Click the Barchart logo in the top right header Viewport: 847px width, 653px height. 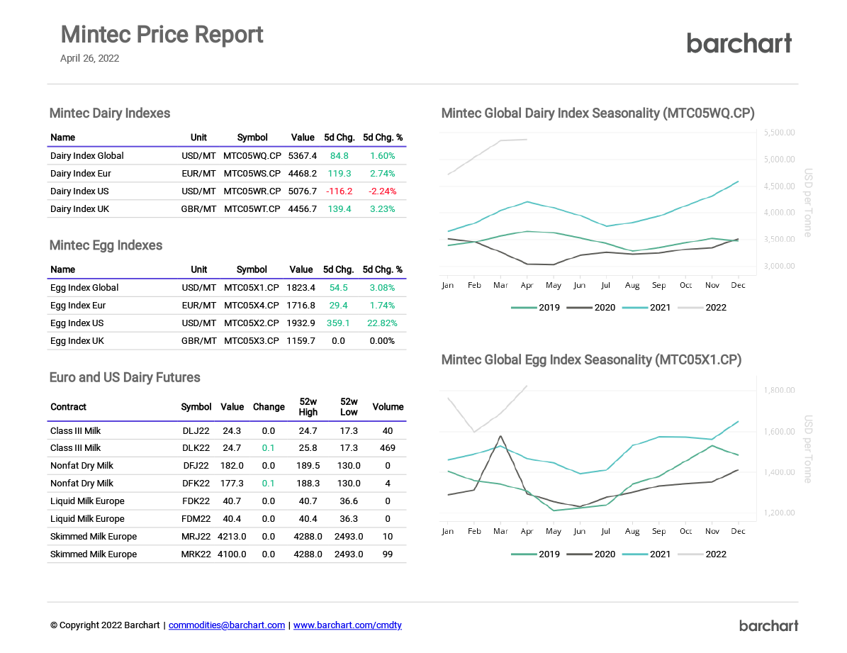739,43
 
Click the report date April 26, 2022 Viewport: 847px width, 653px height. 89,59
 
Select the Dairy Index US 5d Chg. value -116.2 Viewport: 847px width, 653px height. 339,191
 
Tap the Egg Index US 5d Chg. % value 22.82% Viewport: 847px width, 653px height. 382,323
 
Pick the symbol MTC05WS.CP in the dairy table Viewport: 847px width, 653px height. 252,174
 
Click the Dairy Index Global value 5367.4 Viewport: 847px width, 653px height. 302,156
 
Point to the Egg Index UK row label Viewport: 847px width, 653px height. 77,341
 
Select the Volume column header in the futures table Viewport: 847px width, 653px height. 388,407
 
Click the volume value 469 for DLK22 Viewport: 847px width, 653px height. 388,448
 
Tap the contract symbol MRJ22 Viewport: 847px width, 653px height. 196,537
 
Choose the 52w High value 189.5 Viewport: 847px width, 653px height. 308,466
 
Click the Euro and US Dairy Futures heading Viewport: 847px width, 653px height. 125,378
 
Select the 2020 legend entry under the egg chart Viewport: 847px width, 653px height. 592,554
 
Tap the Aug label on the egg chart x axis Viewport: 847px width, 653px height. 632,531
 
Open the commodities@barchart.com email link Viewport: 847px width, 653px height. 227,625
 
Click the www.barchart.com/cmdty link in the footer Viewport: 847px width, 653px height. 347,625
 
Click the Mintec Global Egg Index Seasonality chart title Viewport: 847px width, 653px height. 591,360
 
